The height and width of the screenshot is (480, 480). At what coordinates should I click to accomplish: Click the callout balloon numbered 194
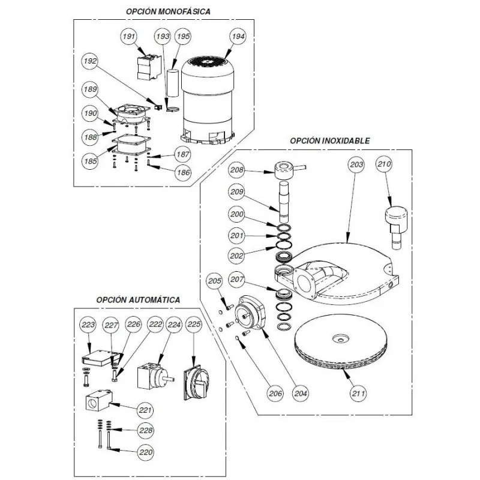[x=238, y=37]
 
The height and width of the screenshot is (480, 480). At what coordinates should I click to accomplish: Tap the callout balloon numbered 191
[x=128, y=37]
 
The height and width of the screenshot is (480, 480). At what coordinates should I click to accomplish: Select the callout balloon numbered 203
[x=356, y=163]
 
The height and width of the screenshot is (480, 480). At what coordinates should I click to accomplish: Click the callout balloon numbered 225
[x=194, y=325]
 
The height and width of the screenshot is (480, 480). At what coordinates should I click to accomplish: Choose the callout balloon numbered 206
[x=274, y=394]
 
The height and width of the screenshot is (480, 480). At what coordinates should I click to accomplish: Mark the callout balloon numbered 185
[x=91, y=161]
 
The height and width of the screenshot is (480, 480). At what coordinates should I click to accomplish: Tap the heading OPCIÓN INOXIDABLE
[x=329, y=140]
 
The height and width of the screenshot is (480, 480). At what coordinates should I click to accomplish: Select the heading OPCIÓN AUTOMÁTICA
[x=138, y=299]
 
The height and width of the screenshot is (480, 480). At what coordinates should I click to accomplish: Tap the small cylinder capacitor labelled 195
[x=174, y=83]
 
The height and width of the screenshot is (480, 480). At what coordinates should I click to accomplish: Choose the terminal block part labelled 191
[x=148, y=66]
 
